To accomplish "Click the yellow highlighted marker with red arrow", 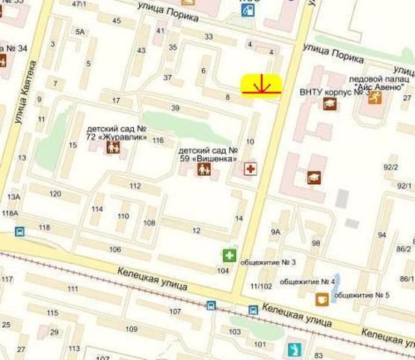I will click(x=261, y=87).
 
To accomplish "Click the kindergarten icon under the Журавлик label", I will click(x=113, y=147).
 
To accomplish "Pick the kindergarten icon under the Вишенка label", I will click(x=203, y=170).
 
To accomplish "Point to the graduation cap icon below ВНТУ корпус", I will click(x=330, y=105).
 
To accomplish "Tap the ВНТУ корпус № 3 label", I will click(x=330, y=92).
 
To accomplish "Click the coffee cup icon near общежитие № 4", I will click(x=322, y=299).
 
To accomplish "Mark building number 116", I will click(x=158, y=141).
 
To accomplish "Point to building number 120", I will click(x=55, y=193).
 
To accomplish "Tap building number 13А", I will click(x=13, y=197).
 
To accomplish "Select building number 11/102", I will click(x=262, y=286).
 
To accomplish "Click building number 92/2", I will click(x=390, y=167).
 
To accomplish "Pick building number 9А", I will click(x=275, y=232).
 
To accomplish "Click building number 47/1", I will click(x=77, y=4).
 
